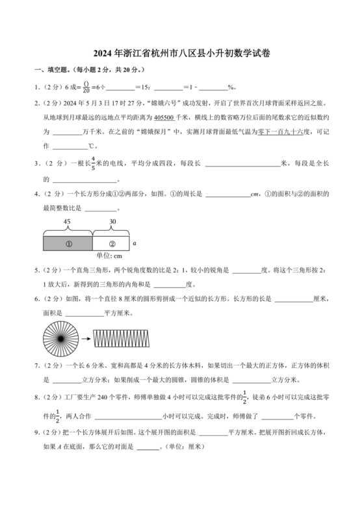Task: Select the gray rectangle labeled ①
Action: point(67,244)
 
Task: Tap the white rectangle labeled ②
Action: point(111,244)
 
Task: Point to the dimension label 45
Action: point(67,222)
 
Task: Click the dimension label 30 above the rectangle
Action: point(113,222)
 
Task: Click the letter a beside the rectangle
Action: point(134,243)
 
